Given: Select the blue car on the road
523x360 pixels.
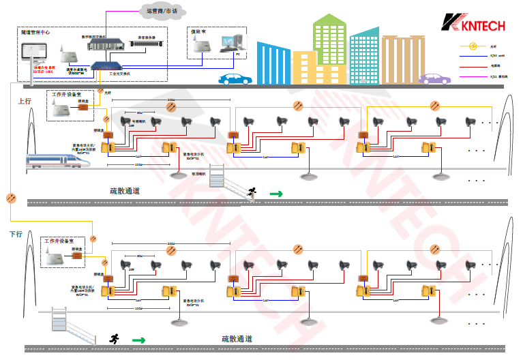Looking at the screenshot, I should coord(233,78).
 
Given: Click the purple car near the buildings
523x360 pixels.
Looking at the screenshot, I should coord(434,78).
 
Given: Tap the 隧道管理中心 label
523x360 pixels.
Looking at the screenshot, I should coord(35,32).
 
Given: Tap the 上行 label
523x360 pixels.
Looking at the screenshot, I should coord(25,101).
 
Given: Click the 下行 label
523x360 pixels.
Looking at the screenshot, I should coord(25,234).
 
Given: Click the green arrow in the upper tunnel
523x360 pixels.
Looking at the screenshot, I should coord(275,194).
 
